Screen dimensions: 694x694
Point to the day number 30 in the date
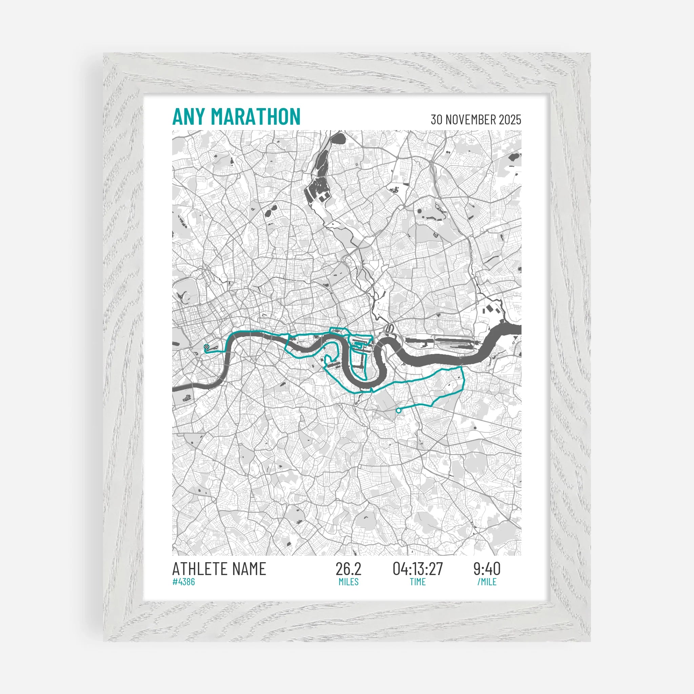tap(436, 120)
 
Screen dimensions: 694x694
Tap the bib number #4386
tap(184, 581)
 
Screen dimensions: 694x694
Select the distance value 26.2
tap(348, 569)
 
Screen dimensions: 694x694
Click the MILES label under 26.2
tap(348, 582)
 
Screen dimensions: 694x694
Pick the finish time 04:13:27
tap(418, 569)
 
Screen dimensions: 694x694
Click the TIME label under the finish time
tap(418, 582)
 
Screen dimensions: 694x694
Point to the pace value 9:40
tap(487, 569)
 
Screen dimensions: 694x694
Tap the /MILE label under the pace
tap(487, 582)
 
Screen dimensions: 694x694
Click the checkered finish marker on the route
tap(206, 347)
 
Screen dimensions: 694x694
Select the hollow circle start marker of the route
tap(399, 410)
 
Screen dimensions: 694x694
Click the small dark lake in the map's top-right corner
tap(514, 157)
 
